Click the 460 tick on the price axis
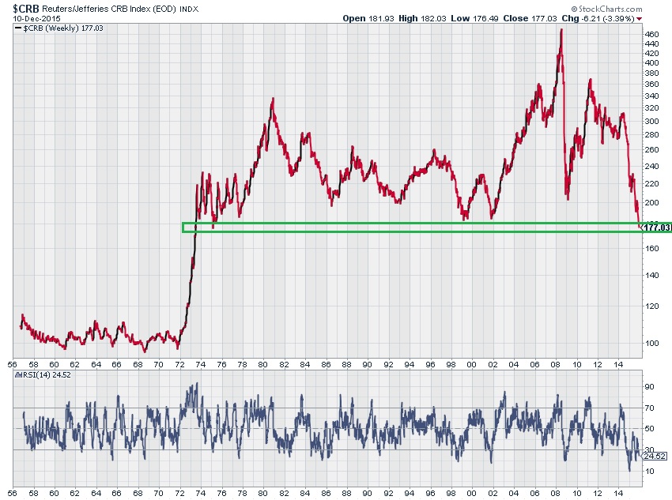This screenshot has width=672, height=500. [x=652, y=35]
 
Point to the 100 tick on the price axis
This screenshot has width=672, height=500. [x=652, y=343]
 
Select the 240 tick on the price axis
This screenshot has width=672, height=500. [x=652, y=166]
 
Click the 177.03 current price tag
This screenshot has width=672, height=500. [x=657, y=227]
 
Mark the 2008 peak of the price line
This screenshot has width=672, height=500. [x=561, y=29]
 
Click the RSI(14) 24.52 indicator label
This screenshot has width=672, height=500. [x=47, y=377]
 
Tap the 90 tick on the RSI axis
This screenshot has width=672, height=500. [x=649, y=387]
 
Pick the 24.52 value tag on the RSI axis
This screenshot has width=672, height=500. [x=655, y=456]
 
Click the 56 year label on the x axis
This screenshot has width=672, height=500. [x=12, y=364]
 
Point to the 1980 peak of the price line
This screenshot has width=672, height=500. [x=273, y=99]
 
